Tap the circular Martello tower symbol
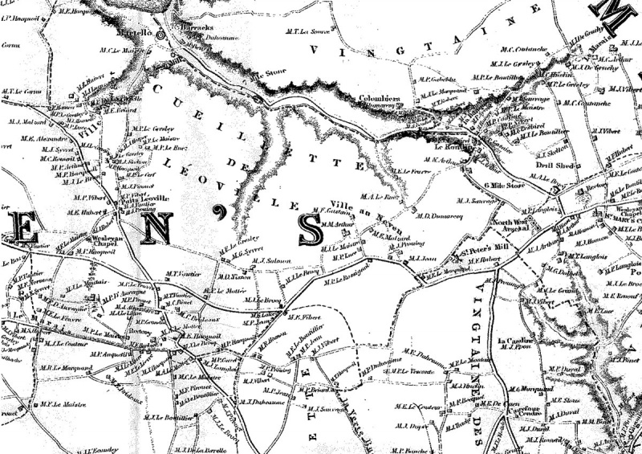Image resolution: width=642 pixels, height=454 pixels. (x=160, y=35)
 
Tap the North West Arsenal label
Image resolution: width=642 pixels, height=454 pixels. (x=510, y=226)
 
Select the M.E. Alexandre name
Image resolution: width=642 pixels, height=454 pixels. (x=38, y=137)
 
